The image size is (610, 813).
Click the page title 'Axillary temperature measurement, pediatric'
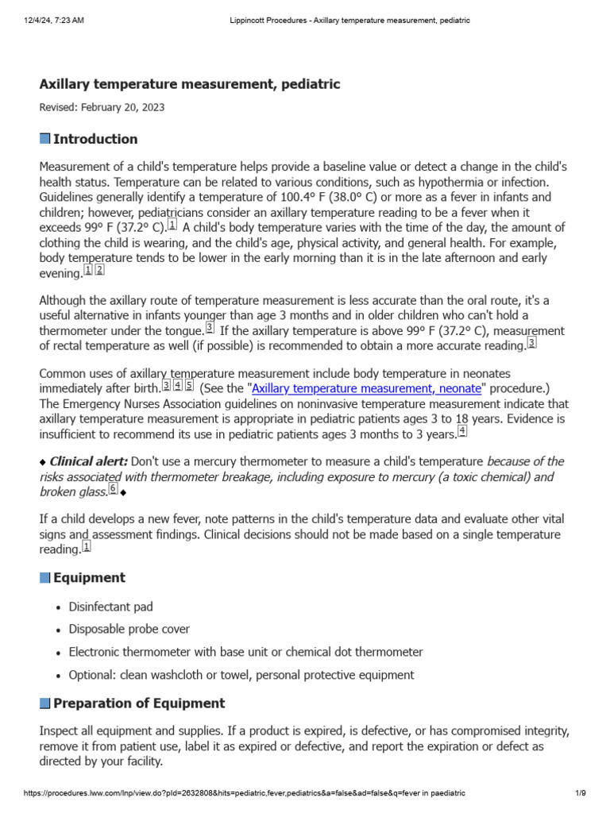tap(190, 84)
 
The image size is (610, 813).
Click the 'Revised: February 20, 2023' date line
tap(102, 106)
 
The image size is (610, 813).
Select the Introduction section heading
tap(95, 139)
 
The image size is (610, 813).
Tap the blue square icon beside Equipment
tap(44, 577)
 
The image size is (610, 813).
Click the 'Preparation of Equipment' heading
tap(138, 703)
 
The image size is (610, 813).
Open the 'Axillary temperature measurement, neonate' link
tap(366, 388)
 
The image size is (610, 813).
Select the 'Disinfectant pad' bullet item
tap(110, 607)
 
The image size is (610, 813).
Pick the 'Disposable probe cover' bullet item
tap(129, 629)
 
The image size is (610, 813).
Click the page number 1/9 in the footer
tap(580, 793)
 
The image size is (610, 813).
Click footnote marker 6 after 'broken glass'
tap(113, 489)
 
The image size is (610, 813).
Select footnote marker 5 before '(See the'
tap(189, 386)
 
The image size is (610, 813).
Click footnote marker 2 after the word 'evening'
tap(99, 270)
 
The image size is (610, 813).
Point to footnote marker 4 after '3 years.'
tap(462, 431)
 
